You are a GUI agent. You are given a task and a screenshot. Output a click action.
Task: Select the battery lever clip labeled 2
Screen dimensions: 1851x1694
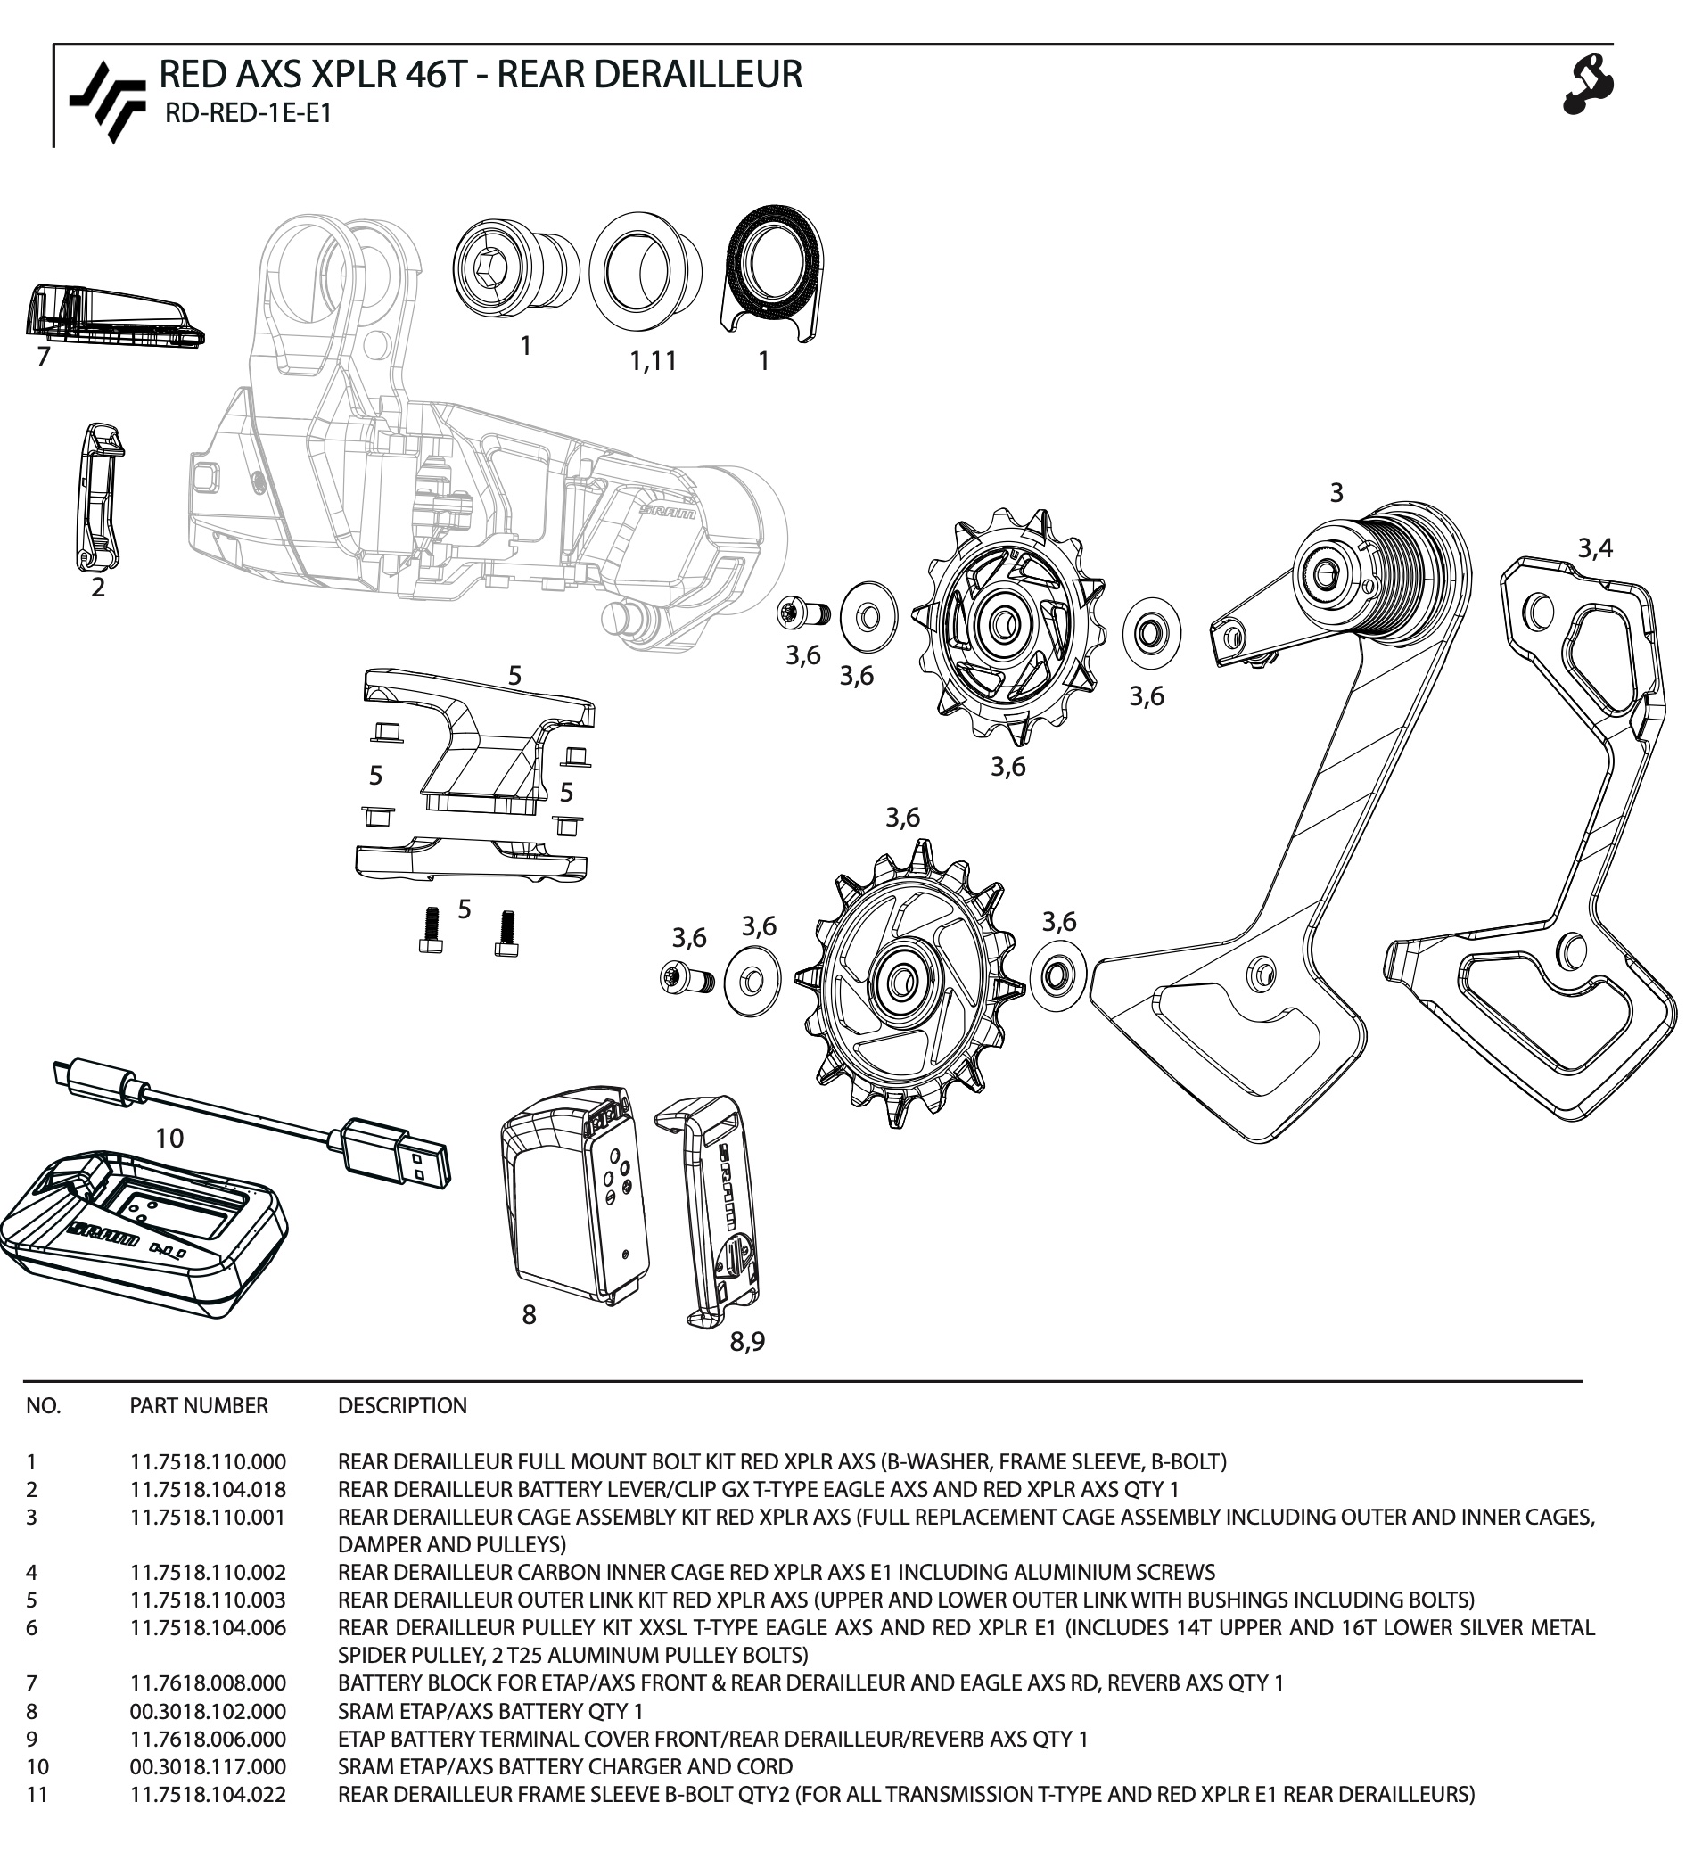[99, 496]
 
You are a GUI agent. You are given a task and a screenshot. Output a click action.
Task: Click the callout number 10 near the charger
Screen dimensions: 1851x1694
[169, 1139]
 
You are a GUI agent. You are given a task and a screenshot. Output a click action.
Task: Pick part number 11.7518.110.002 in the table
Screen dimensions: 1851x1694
[208, 1572]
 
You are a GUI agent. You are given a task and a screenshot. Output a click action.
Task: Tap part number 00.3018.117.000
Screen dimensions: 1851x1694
[208, 1766]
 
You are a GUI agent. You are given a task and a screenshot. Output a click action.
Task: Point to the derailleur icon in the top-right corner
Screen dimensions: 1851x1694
[1588, 85]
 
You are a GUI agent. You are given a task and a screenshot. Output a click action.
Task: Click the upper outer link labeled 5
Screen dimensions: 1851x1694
[478, 735]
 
